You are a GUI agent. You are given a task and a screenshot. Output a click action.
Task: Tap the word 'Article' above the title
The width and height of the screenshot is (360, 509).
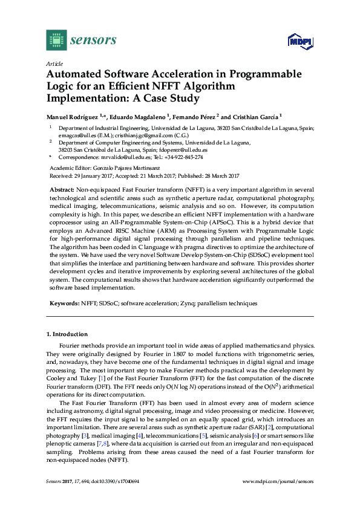[x=54, y=63]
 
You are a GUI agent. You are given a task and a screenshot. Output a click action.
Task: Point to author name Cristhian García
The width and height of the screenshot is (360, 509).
[x=255, y=116]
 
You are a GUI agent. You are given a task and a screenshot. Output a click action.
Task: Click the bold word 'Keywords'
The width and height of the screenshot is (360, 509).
[x=64, y=303]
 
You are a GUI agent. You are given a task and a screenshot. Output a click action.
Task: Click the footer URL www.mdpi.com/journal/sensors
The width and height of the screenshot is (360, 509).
[x=278, y=498]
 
